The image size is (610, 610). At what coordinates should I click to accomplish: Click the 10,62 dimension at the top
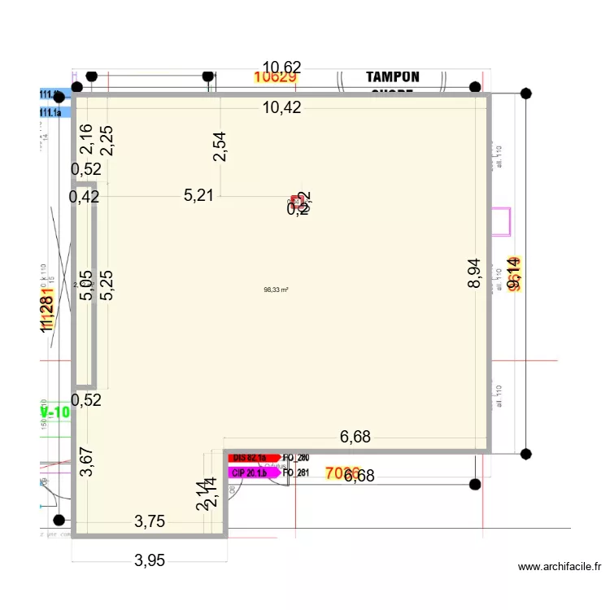click(x=281, y=67)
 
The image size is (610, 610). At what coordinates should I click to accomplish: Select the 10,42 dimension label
click(x=281, y=107)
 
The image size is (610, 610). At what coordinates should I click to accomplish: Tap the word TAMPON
click(x=393, y=77)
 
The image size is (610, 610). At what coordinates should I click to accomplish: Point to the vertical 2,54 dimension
click(x=220, y=146)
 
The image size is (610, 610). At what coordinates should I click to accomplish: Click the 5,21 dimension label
click(x=199, y=195)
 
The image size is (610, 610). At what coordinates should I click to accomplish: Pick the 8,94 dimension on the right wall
click(x=474, y=273)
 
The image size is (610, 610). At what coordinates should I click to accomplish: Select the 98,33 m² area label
click(x=277, y=289)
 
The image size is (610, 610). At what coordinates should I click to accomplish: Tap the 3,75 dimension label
click(x=150, y=522)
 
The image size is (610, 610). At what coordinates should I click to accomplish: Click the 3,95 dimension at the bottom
click(x=150, y=560)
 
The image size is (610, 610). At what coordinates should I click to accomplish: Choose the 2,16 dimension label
click(x=86, y=140)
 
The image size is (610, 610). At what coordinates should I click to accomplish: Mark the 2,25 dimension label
click(x=106, y=140)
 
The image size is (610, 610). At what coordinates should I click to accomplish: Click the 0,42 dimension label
click(x=85, y=196)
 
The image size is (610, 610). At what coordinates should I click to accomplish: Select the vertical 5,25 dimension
click(x=106, y=285)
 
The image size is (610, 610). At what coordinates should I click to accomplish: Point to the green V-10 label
click(x=55, y=412)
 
